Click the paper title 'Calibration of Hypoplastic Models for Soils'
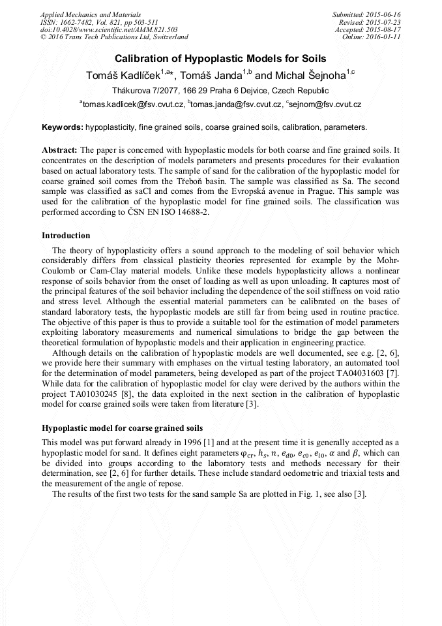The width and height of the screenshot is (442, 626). point(220,59)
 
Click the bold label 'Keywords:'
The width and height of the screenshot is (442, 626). point(62,127)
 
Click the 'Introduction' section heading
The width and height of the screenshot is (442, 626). point(66,236)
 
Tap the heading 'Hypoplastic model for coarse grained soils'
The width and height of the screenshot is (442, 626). point(122,428)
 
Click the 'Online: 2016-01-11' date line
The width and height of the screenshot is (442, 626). point(371,37)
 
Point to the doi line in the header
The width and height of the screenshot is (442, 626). point(109,29)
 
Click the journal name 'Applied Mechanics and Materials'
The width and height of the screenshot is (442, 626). point(91,14)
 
